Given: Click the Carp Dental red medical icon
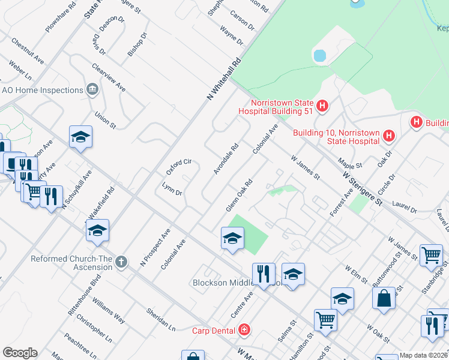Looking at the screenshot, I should [244, 329].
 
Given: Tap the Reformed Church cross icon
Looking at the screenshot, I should [121, 262].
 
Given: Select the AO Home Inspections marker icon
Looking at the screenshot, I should [92, 90].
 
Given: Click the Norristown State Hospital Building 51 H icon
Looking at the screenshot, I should [323, 106].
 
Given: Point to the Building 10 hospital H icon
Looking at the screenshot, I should [389, 136].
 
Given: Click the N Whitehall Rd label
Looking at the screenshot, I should [223, 79].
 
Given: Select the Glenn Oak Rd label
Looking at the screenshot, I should [238, 195].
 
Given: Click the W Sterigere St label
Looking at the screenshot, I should [363, 188].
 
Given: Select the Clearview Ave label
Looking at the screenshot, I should [109, 77].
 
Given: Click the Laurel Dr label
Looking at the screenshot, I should [404, 208].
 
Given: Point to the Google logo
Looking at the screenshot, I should [20, 353].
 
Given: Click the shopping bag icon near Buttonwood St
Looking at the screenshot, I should [384, 298].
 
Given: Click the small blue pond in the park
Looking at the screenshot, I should [319, 56].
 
